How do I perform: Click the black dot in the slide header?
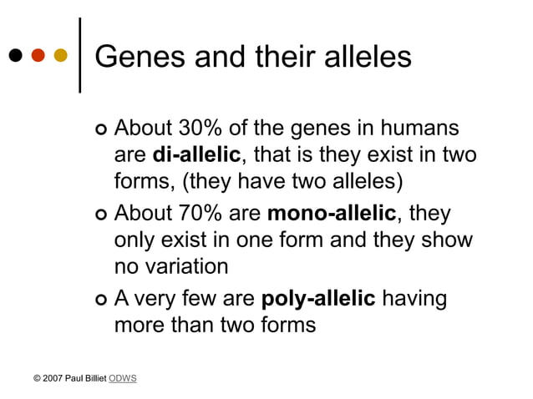(x=15, y=56)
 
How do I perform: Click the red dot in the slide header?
(x=38, y=56)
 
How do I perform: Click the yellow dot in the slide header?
(x=60, y=56)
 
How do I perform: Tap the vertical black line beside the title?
(x=79, y=54)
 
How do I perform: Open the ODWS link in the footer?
(x=123, y=379)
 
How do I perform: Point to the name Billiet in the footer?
(x=94, y=379)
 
